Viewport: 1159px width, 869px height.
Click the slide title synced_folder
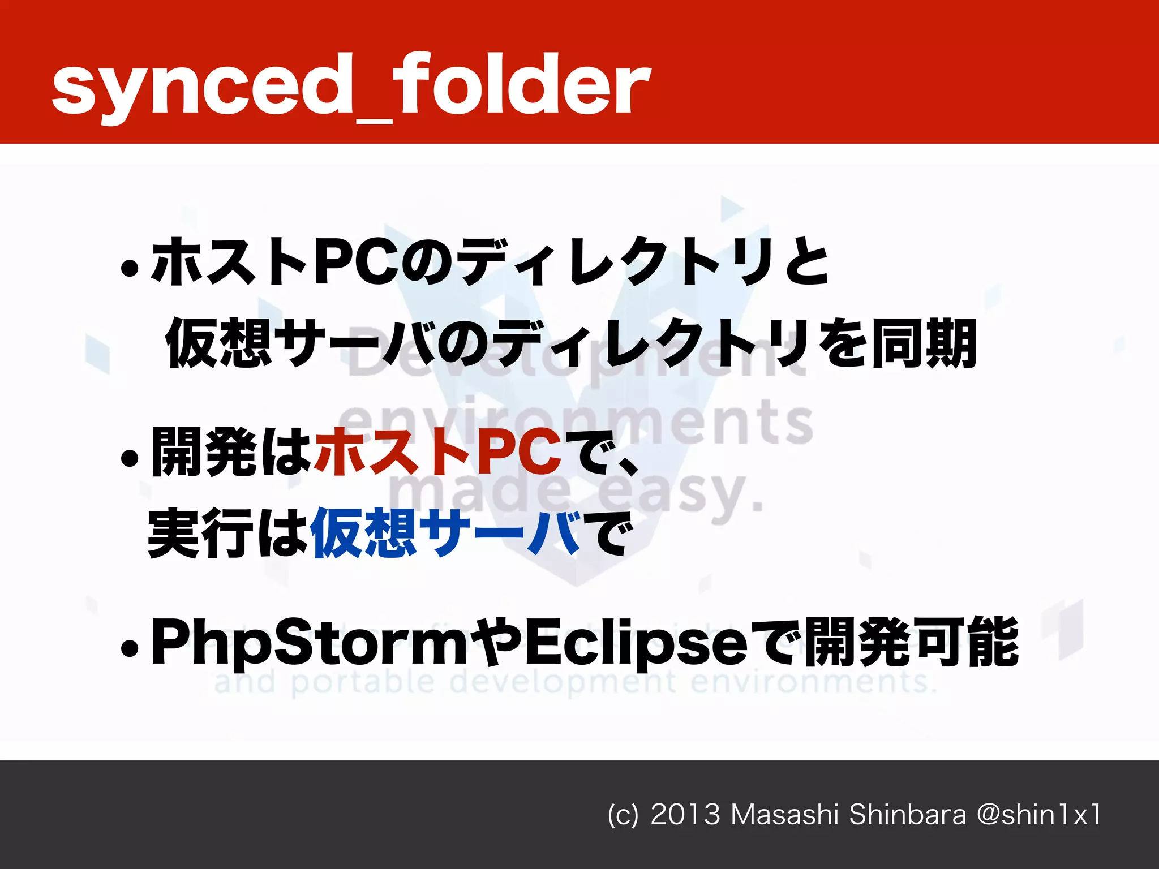351,85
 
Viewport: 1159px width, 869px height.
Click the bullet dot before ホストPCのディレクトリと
130,268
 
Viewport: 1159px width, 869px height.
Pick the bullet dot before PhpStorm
130,648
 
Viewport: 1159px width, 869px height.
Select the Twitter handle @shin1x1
1039,815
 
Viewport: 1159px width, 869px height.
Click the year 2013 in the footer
685,815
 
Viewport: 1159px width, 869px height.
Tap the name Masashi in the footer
784,815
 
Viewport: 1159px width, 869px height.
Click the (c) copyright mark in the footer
623,815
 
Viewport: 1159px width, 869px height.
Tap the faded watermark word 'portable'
363,682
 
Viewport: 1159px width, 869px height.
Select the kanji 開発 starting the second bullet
204,451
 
